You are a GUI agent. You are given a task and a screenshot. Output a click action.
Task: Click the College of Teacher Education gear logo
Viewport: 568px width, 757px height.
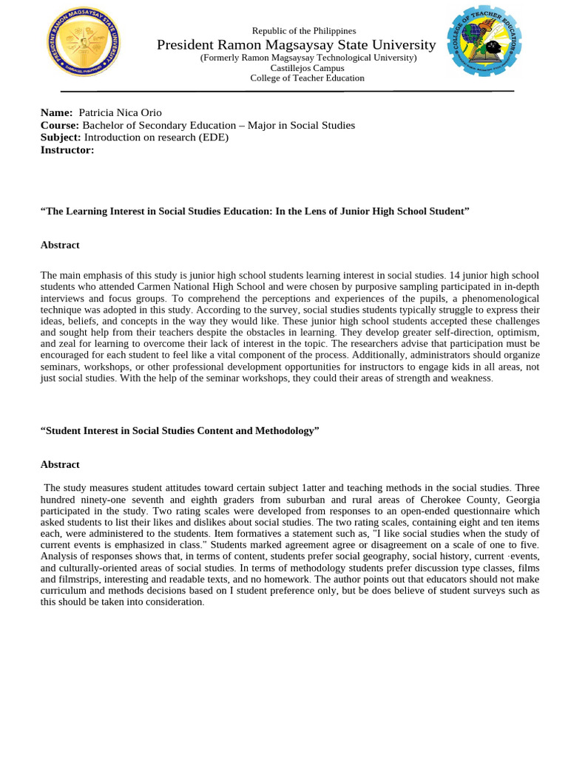(484, 43)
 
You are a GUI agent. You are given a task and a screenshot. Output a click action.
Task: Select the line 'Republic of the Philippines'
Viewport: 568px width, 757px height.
(303, 31)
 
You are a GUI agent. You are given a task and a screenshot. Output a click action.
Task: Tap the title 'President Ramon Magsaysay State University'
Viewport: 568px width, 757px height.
(296, 46)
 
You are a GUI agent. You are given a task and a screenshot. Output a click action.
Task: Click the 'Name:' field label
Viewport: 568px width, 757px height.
(56, 112)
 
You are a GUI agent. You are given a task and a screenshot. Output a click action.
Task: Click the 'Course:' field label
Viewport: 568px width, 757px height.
(60, 125)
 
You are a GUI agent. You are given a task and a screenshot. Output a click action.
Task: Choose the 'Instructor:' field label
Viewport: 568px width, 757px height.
(67, 150)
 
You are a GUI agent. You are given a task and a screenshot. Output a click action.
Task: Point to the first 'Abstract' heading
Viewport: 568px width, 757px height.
(60, 245)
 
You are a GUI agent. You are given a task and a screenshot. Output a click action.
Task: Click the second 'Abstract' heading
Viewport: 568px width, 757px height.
(60, 464)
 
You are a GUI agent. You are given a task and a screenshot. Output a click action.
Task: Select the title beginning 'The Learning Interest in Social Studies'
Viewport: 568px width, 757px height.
(254, 211)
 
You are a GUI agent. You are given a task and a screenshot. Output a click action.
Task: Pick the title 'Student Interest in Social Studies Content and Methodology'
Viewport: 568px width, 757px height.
(180, 430)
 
